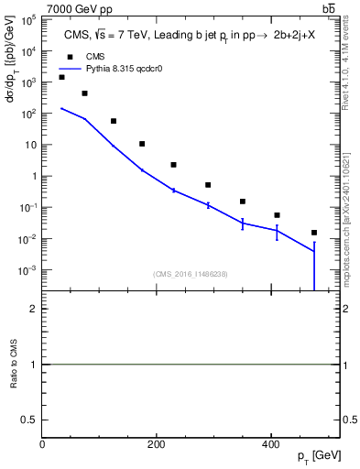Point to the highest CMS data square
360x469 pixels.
(x=61, y=77)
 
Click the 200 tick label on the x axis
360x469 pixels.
(x=156, y=444)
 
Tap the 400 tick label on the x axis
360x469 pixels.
(x=269, y=444)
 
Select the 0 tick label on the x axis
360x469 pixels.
(x=43, y=444)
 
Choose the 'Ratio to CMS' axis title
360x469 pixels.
(x=13, y=365)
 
